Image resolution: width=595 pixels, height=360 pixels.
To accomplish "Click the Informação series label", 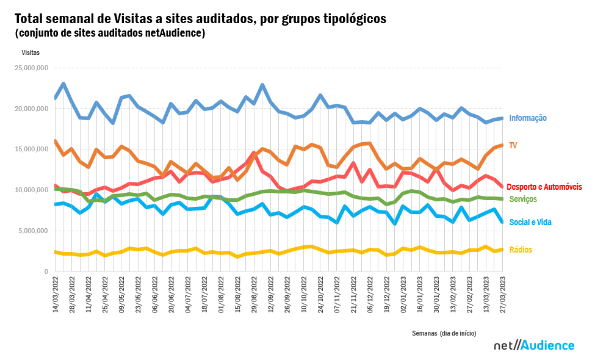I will [528, 118].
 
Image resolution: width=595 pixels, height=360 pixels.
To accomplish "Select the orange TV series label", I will [513, 145].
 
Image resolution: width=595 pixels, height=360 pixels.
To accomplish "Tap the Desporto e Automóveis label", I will [544, 186].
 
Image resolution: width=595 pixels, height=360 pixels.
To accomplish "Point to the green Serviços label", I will [523, 200].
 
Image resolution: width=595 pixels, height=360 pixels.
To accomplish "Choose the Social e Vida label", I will [530, 222].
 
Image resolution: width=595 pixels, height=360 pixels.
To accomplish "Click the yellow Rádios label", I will [521, 250].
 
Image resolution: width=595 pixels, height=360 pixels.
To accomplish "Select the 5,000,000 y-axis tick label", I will [34, 231].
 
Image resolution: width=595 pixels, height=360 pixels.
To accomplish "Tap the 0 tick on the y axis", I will [46, 271].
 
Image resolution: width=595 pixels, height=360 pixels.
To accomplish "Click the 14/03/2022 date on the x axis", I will [56, 295].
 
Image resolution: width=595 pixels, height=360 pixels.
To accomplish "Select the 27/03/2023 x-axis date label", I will [503, 295].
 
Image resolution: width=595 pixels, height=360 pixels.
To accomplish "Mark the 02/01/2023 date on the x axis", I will [404, 295].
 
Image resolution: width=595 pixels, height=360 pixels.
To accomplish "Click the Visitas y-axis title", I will [31, 52].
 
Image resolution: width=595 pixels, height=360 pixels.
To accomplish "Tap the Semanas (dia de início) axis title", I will [444, 333].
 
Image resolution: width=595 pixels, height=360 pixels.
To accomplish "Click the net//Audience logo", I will [534, 345].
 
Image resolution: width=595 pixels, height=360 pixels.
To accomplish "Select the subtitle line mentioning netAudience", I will [110, 32].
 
